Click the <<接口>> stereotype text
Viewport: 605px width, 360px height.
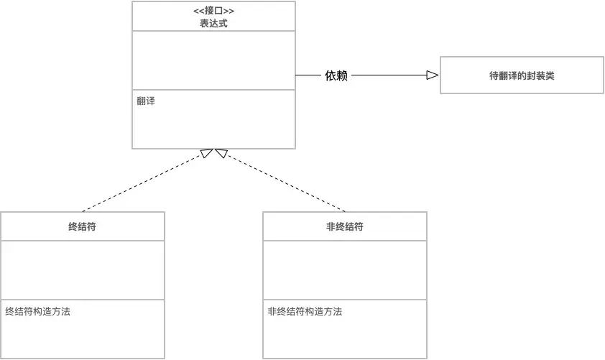click(x=213, y=11)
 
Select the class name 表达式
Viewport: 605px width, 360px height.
click(x=213, y=23)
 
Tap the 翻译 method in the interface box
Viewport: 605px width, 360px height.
click(x=146, y=101)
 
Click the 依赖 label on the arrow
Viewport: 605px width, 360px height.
click(x=336, y=75)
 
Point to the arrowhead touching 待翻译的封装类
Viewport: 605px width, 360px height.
click(x=433, y=75)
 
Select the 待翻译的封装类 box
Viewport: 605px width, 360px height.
click(x=522, y=75)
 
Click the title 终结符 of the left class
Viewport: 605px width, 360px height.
click(x=83, y=227)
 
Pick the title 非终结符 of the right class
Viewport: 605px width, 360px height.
click(x=345, y=227)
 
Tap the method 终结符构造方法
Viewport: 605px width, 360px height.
click(x=37, y=312)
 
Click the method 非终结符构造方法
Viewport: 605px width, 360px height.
click(x=305, y=312)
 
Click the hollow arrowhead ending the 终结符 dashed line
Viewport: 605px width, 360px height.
click(x=207, y=152)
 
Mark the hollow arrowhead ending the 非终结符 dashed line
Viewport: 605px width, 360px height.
click(x=221, y=152)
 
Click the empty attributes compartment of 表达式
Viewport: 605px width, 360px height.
click(x=213, y=60)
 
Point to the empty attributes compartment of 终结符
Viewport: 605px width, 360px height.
click(x=83, y=269)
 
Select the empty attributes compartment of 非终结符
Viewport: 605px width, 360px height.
click(x=345, y=269)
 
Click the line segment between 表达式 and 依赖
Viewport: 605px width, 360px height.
click(x=308, y=75)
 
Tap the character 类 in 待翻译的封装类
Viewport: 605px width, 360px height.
click(x=550, y=75)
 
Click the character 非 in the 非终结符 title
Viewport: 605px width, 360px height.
click(x=331, y=227)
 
